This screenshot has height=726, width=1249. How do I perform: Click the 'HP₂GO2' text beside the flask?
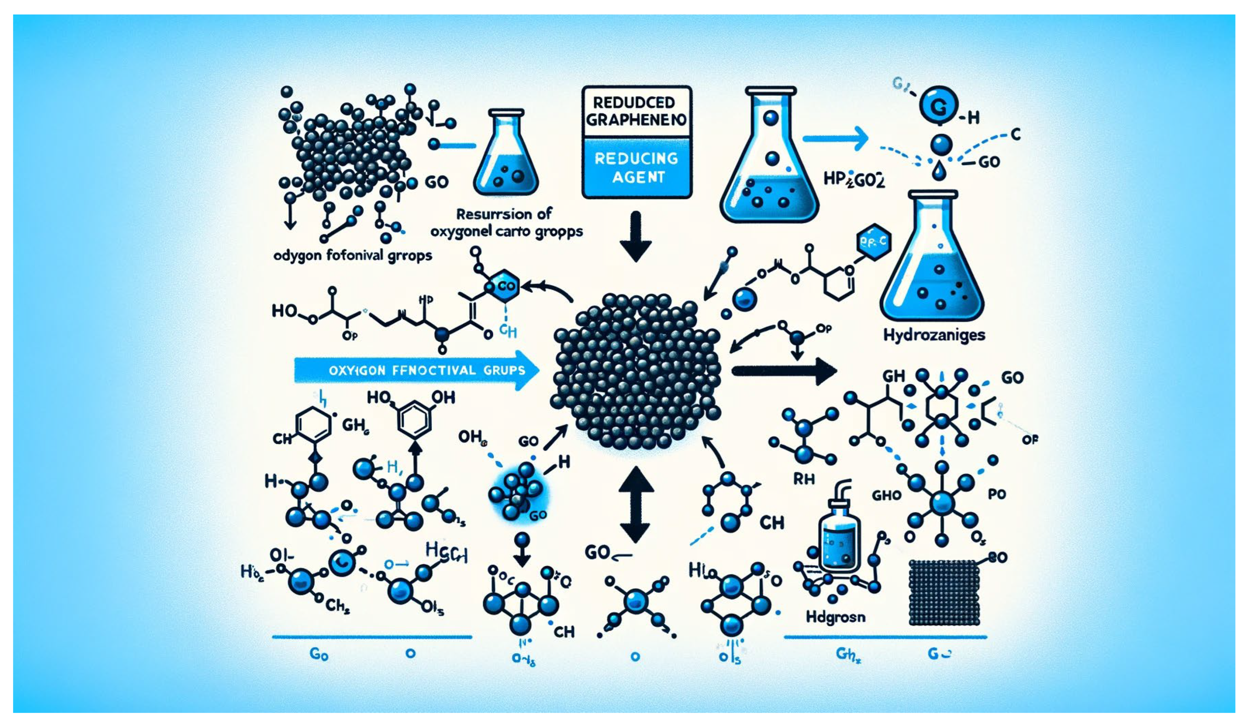(854, 179)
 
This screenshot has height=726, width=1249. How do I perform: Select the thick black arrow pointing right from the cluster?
(783, 371)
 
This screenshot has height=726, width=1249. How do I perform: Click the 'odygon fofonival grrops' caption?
(352, 256)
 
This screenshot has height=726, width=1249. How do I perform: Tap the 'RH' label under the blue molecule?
(804, 479)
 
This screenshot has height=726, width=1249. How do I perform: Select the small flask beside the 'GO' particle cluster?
(506, 153)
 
